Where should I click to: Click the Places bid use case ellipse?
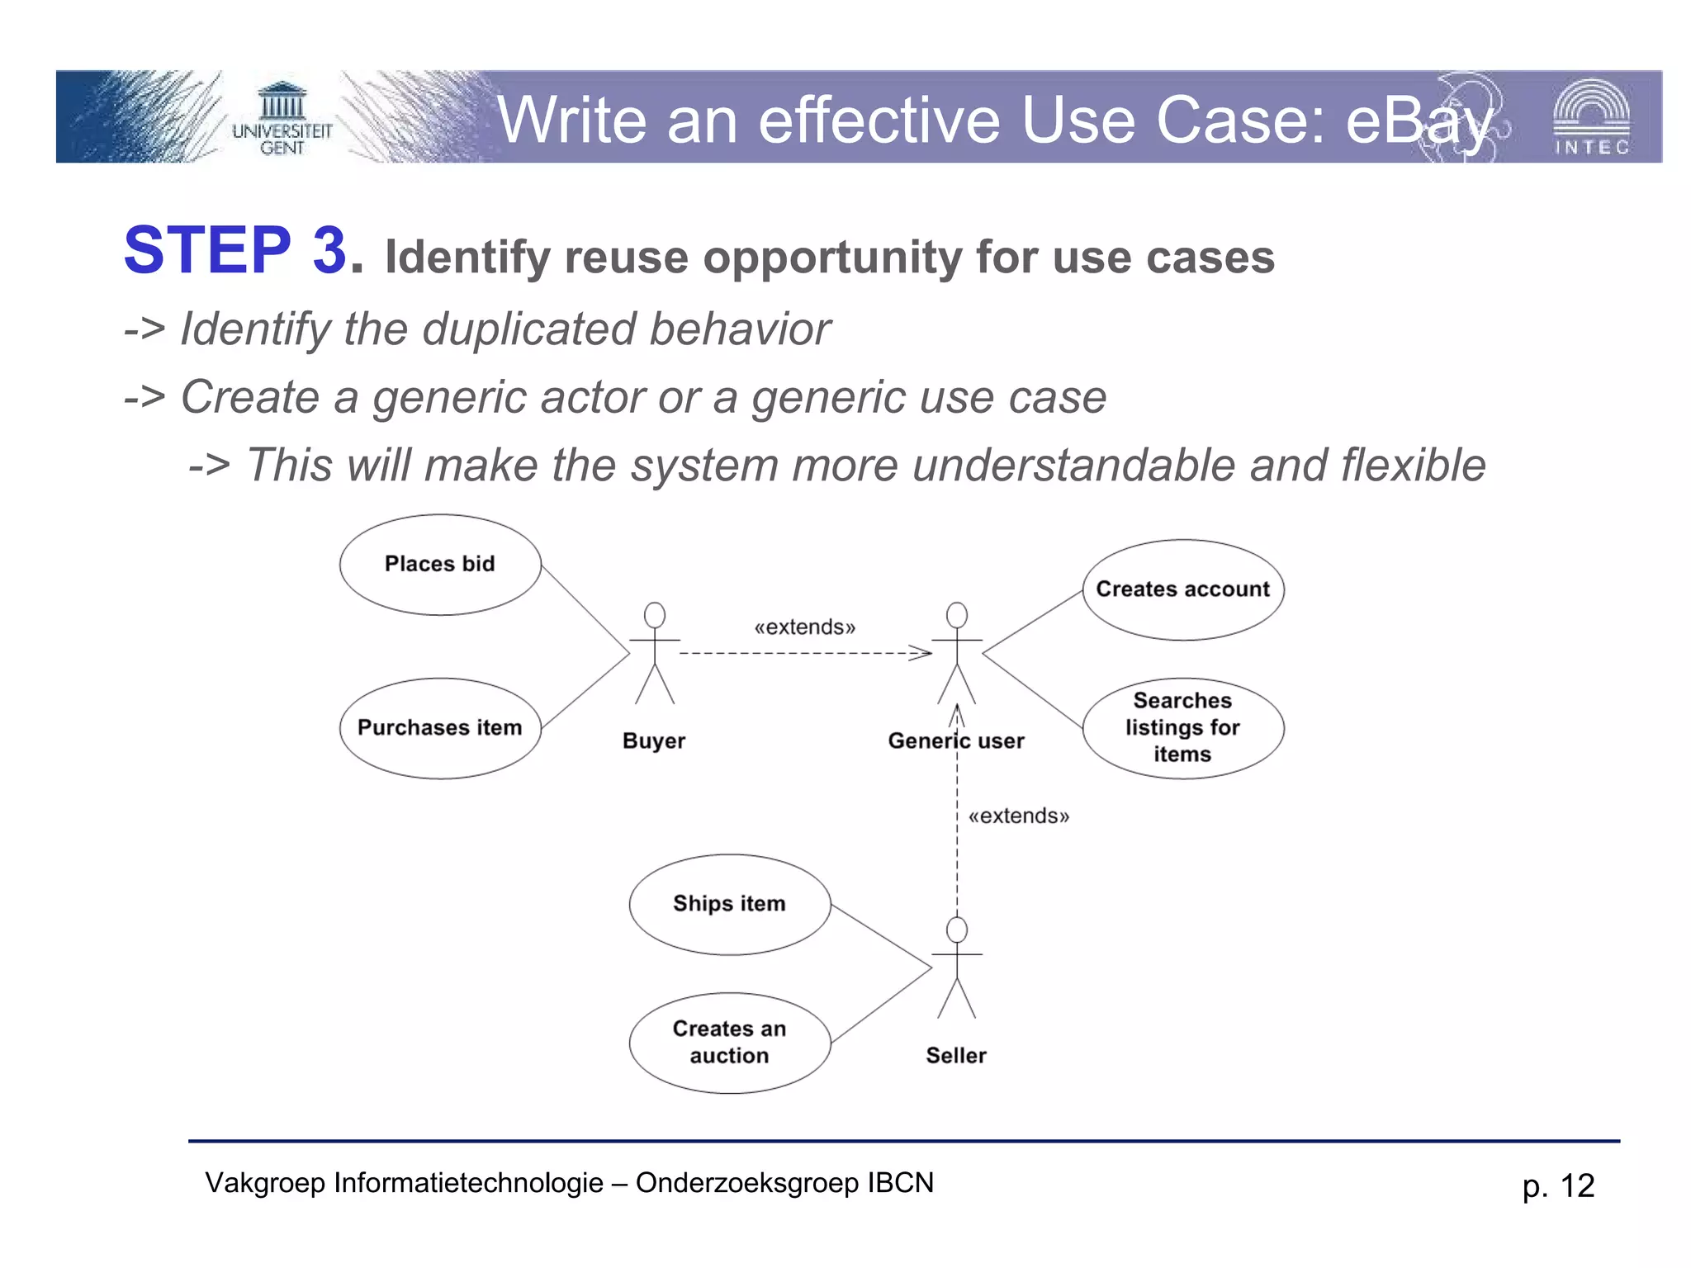[440, 565]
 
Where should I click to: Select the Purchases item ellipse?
[440, 728]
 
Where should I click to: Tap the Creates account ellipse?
[1182, 589]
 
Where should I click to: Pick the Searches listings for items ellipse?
[1182, 728]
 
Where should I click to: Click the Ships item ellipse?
[729, 904]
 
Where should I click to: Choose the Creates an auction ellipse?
[729, 1043]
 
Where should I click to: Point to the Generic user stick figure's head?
[957, 614]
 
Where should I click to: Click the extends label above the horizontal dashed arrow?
[804, 627]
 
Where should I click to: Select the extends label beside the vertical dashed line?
[1018, 816]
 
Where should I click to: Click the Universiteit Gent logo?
[282, 118]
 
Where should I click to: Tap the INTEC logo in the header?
[1591, 117]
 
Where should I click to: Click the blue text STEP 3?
[235, 250]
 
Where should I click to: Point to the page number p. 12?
[1557, 1186]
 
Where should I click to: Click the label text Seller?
[956, 1056]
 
